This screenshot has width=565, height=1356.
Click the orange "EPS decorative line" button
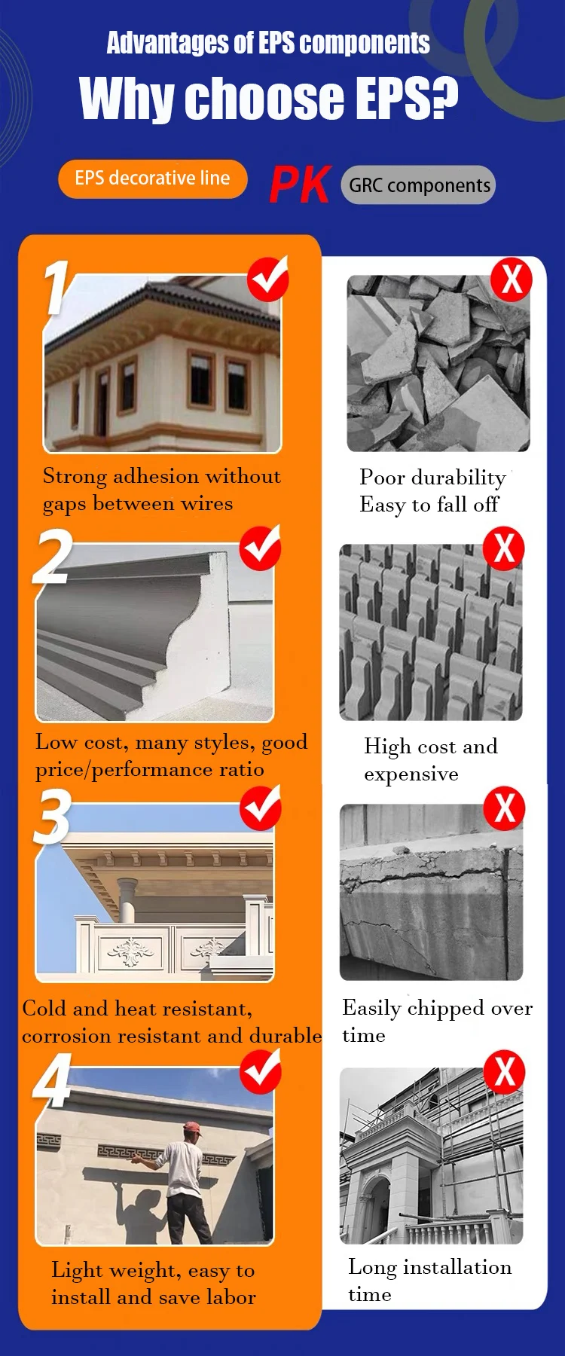pyautogui.click(x=153, y=179)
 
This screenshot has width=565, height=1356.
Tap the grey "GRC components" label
pyautogui.click(x=419, y=185)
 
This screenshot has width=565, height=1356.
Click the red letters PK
pyautogui.click(x=300, y=185)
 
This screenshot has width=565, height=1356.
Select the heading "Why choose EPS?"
pyautogui.click(x=269, y=98)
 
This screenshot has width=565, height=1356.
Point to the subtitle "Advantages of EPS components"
pyautogui.click(x=268, y=43)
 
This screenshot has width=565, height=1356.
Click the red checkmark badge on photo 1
pyautogui.click(x=268, y=279)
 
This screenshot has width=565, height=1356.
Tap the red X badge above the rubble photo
pyautogui.click(x=512, y=279)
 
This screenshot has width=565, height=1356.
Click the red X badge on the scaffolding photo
pyautogui.click(x=504, y=1072)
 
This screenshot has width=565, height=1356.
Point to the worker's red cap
pyautogui.click(x=193, y=1128)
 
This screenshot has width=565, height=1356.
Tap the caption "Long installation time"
pyautogui.click(x=429, y=1281)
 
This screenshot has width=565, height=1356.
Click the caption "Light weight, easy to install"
pyautogui.click(x=153, y=1284)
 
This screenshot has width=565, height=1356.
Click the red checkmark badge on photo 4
pyautogui.click(x=261, y=1073)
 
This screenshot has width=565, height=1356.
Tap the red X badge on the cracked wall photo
pyautogui.click(x=504, y=808)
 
